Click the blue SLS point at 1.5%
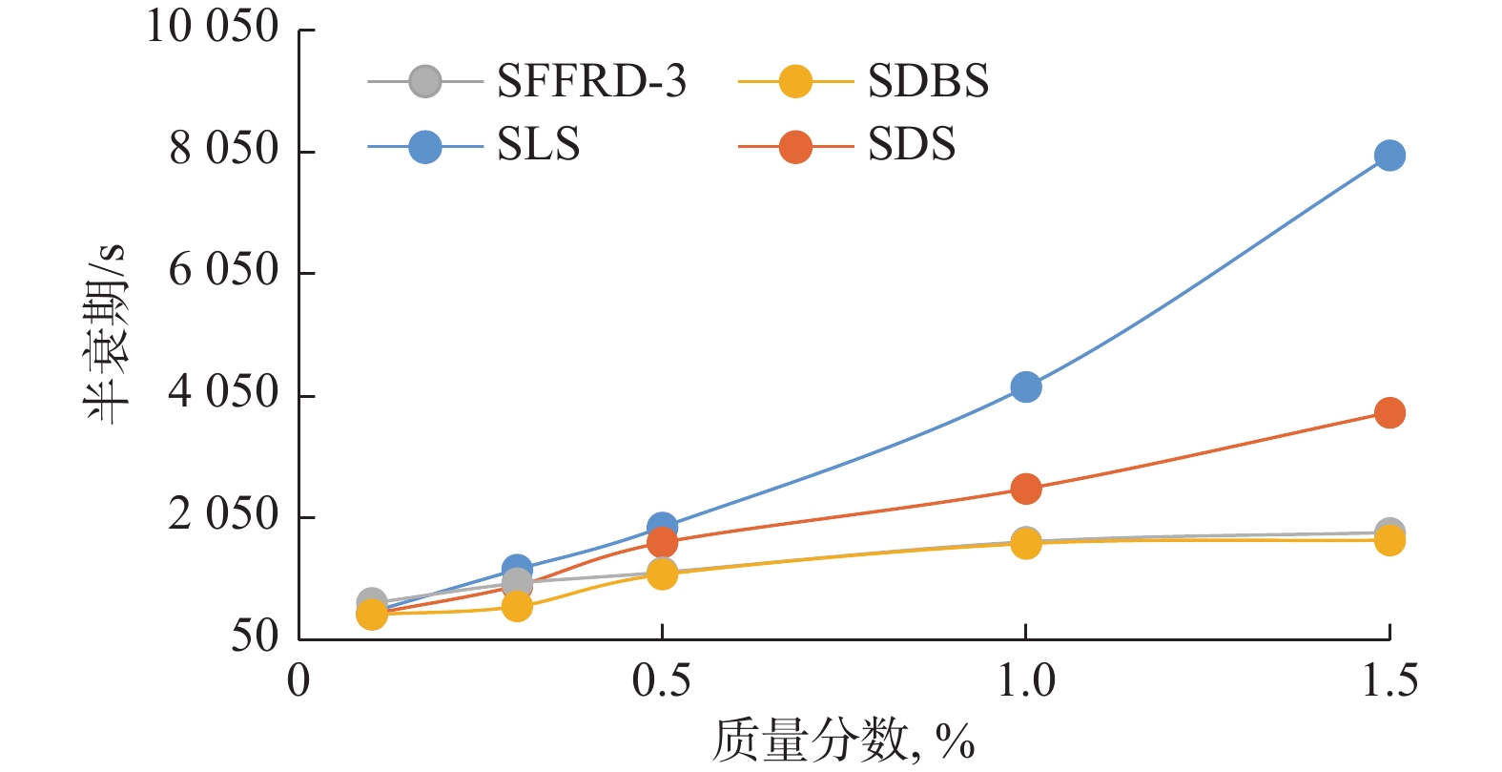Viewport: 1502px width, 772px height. pos(1389,156)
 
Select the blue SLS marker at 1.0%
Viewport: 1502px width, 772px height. pos(1025,386)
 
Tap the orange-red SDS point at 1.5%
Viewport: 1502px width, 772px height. pos(1389,413)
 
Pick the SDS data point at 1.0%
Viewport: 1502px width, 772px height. pos(1025,489)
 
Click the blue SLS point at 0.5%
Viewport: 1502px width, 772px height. pos(662,526)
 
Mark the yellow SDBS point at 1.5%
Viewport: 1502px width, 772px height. pos(1389,541)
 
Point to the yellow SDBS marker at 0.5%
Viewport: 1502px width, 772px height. pos(662,574)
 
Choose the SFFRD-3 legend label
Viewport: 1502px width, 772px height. pos(591,82)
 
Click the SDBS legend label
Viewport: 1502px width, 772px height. pos(928,82)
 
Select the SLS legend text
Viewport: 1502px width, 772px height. pos(538,145)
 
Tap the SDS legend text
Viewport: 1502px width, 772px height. pos(911,145)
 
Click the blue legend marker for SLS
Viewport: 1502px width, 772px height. pos(425,147)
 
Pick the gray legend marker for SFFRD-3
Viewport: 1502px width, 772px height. pos(425,82)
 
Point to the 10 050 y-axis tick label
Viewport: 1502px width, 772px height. pos(212,27)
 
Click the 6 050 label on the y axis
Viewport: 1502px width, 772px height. pos(223,271)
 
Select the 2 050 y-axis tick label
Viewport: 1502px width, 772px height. pos(223,515)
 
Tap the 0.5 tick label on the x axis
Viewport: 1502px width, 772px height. pos(662,680)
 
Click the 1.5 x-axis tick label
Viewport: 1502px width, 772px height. pos(1389,680)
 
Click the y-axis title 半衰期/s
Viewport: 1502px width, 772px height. pos(105,334)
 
